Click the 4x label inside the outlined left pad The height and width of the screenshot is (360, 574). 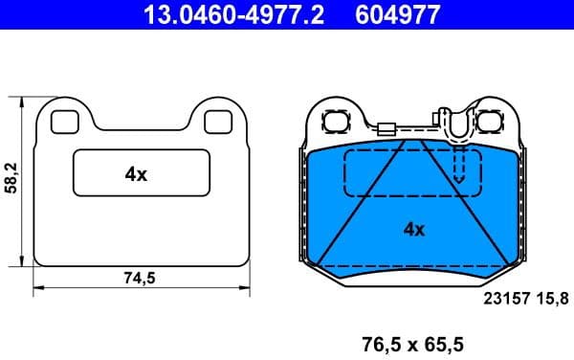click(136, 174)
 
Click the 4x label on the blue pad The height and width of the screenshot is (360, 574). click(413, 229)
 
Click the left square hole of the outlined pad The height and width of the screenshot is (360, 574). click(64, 122)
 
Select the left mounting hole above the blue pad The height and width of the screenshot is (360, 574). click(337, 123)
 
